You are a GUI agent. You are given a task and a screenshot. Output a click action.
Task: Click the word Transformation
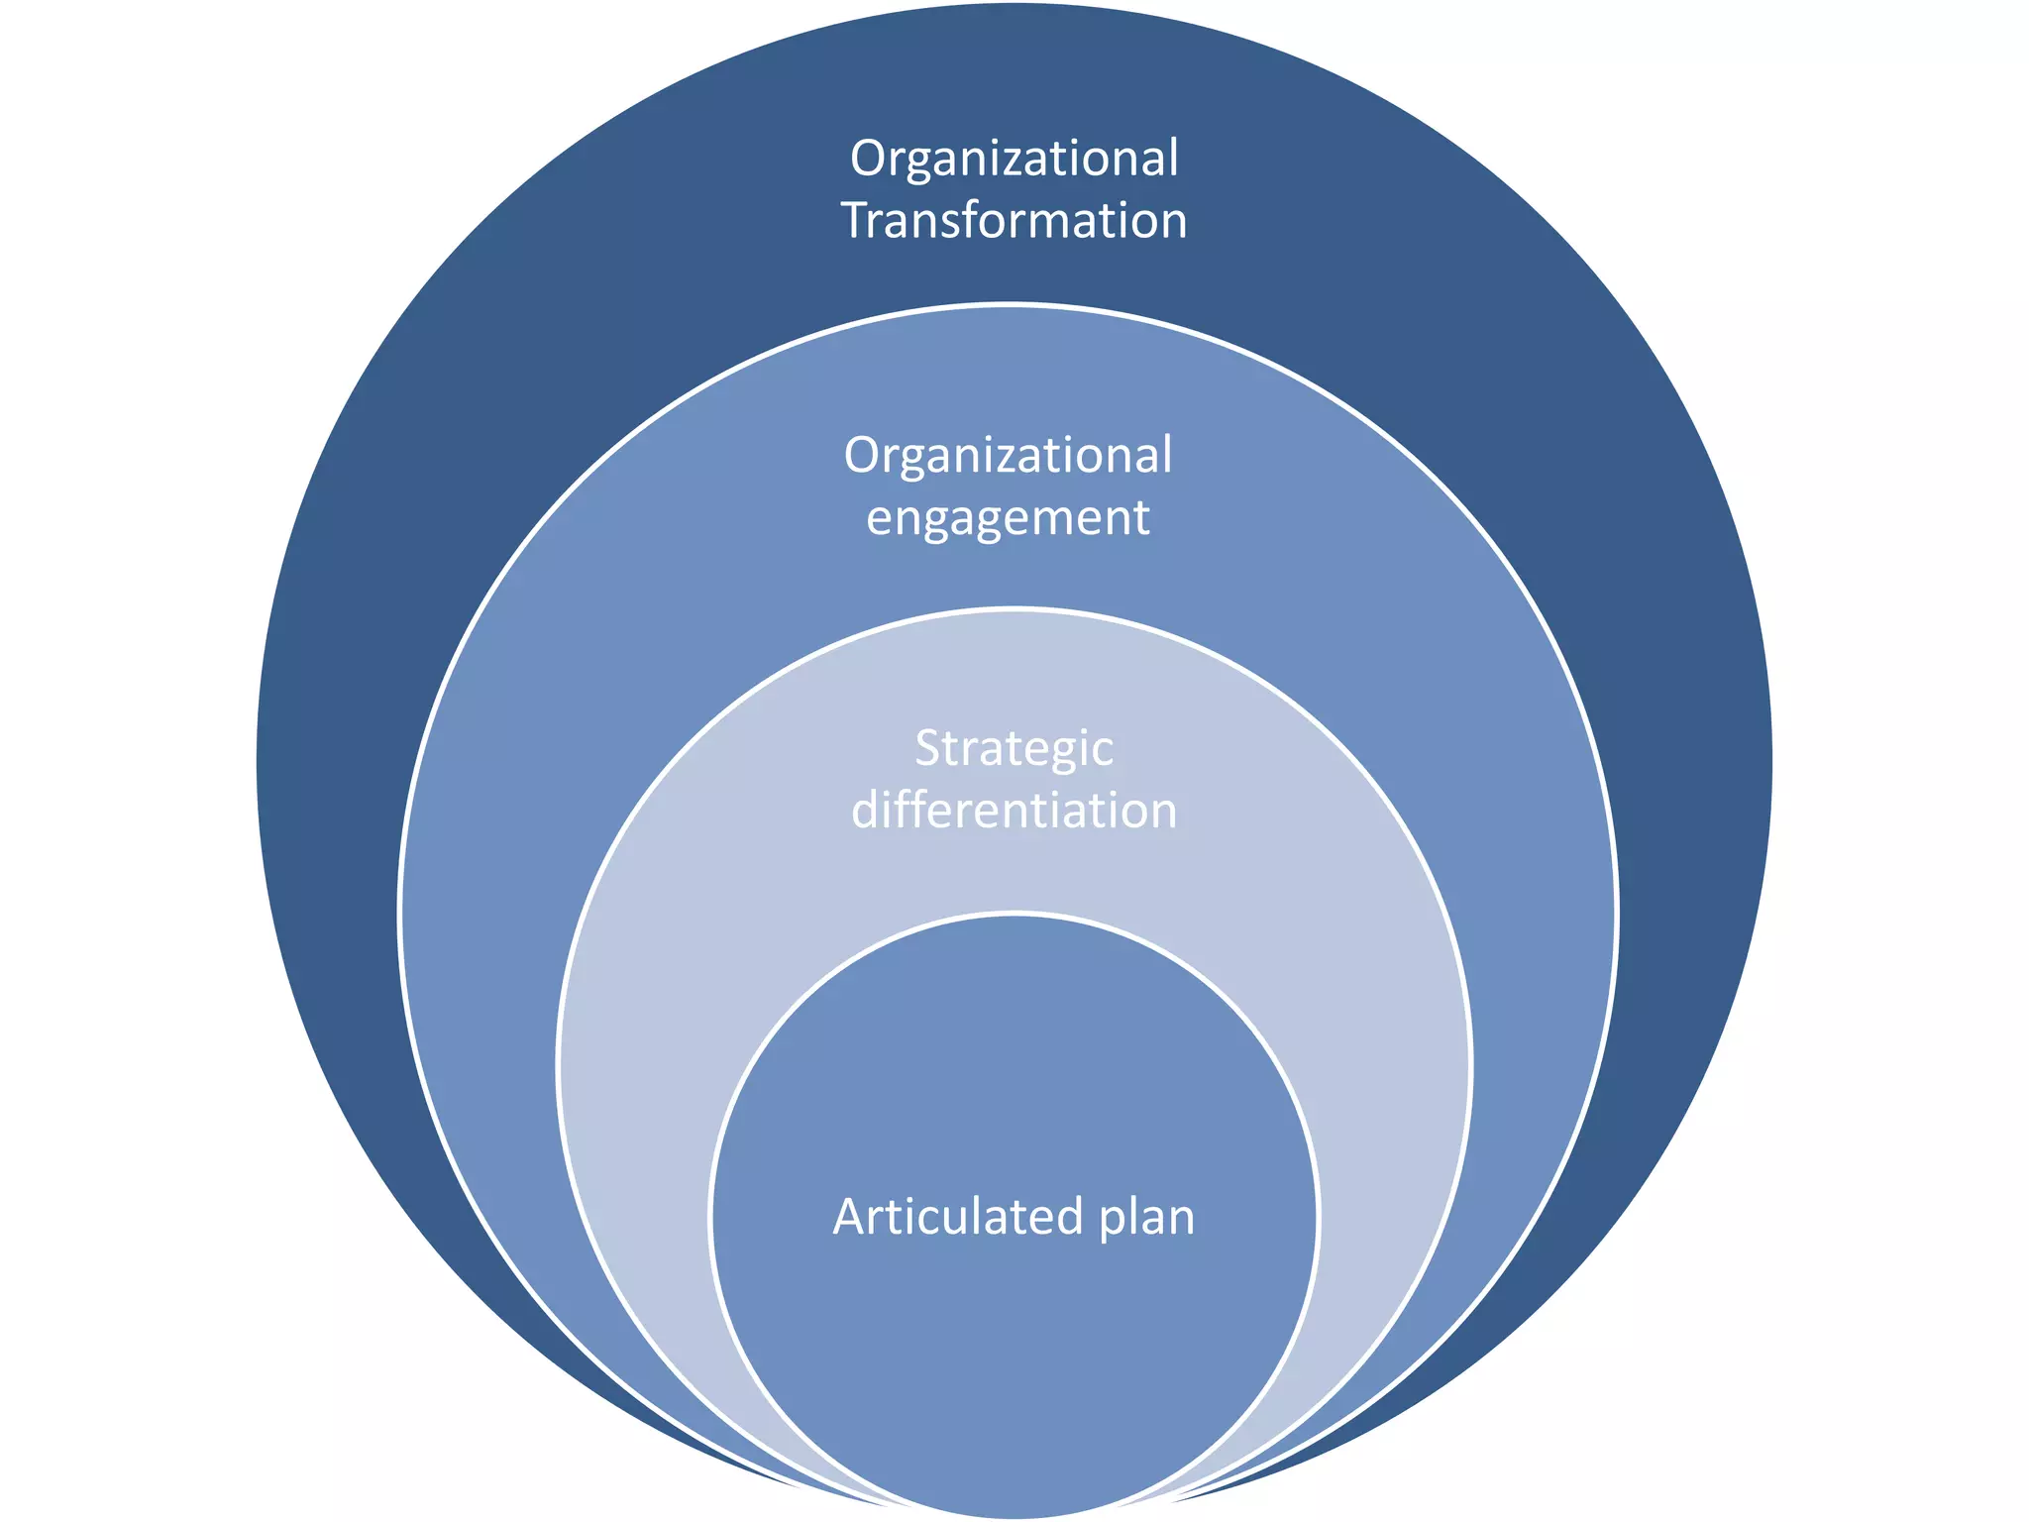coord(1014,220)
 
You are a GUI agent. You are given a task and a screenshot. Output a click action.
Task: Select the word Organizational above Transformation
coord(1014,160)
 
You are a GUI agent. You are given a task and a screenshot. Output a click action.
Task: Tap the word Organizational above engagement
coord(1008,457)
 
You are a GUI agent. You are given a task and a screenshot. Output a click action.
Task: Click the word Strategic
coord(1014,749)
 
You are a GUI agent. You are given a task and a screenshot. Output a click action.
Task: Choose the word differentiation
coord(1014,811)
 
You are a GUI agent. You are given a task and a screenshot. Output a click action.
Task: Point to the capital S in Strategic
coord(928,749)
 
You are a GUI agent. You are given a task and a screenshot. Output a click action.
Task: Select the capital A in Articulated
coord(850,1217)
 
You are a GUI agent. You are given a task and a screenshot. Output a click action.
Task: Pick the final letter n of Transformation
coord(1172,222)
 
